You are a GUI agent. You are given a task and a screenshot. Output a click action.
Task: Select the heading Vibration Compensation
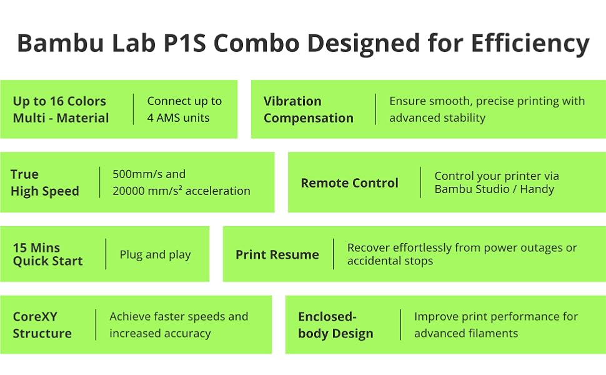308,109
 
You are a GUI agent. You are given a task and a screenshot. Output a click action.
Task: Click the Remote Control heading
349,183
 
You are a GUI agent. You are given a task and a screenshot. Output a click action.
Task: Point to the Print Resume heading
277,254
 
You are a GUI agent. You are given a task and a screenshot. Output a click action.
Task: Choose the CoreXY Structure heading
42,325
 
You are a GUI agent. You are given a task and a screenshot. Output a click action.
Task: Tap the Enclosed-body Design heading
335,325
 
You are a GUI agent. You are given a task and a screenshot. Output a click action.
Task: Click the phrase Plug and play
155,254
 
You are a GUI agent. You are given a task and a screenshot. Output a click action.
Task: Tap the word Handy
536,189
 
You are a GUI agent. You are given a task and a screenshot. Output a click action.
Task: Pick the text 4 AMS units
178,117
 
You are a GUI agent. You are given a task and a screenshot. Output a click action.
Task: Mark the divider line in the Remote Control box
420,182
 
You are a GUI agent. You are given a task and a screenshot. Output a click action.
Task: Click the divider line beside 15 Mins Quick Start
106,254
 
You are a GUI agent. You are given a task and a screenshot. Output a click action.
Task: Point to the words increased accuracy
160,333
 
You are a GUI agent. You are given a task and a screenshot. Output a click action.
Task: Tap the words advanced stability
437,117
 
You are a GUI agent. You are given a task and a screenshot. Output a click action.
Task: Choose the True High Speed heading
44,182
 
